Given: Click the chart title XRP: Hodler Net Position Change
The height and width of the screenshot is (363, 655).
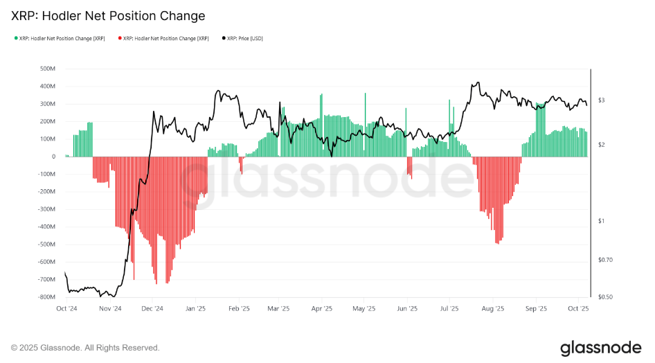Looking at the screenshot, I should [x=108, y=15].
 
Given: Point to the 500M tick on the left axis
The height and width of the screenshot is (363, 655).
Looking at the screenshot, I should [x=48, y=69].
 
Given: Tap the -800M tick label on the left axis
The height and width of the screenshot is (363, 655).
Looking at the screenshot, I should [x=47, y=297].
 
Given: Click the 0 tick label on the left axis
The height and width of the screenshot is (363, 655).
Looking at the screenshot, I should [x=53, y=157].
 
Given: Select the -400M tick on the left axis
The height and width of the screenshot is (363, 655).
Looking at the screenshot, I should [x=47, y=227].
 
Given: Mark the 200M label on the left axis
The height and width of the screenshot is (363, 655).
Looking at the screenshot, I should [x=48, y=121].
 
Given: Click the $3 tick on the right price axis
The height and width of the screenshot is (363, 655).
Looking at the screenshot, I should [x=602, y=100].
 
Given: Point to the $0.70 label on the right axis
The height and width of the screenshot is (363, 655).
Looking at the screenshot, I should [x=605, y=260].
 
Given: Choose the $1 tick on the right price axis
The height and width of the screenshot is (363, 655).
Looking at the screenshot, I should [x=602, y=221].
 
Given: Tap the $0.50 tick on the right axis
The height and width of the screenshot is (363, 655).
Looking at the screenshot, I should [x=605, y=297].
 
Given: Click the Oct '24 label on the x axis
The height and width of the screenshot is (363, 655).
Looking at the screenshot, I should [x=66, y=309].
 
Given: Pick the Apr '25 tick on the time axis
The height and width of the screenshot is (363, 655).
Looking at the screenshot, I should [x=322, y=309].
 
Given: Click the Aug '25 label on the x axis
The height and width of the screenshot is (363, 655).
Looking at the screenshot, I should [x=492, y=309].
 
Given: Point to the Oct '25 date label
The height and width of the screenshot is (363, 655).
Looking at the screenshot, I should [x=578, y=309].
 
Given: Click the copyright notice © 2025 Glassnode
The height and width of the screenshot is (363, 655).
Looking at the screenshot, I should [x=85, y=348].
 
